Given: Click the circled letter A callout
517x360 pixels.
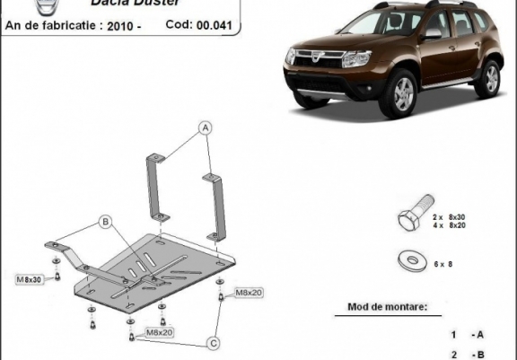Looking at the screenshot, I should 206,127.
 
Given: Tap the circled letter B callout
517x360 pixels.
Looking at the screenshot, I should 105,221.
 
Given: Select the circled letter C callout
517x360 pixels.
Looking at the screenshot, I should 214,341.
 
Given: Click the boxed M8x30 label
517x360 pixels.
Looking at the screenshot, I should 28,280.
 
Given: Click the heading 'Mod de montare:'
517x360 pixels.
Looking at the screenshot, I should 388,307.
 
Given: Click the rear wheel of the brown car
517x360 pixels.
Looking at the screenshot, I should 488,78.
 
